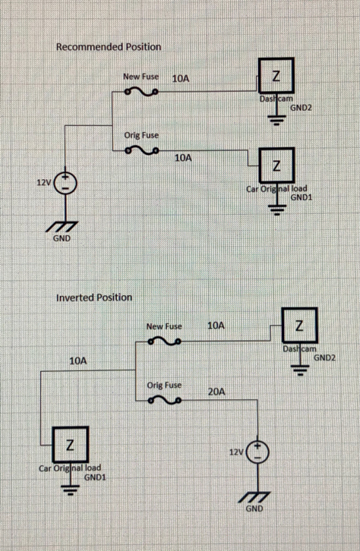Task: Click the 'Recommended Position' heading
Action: (109, 47)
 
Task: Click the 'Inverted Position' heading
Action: (94, 298)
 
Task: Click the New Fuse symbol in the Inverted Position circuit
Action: (165, 342)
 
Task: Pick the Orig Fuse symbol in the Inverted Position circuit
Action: (165, 400)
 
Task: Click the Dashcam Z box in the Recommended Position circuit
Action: (276, 76)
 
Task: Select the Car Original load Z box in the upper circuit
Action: (276, 165)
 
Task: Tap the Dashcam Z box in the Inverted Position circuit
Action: (299, 326)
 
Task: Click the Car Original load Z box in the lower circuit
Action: (71, 445)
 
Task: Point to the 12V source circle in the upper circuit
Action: (65, 183)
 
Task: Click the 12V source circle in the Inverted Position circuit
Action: (257, 452)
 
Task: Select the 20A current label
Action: (216, 392)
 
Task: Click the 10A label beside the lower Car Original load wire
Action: (78, 361)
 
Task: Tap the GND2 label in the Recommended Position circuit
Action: (301, 108)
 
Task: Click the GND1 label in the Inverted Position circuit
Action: (95, 477)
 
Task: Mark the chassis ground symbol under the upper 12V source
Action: (62, 227)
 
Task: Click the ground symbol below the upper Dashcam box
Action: (277, 121)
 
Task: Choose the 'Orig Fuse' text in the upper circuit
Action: (141, 135)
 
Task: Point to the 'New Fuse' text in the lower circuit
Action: (164, 326)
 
